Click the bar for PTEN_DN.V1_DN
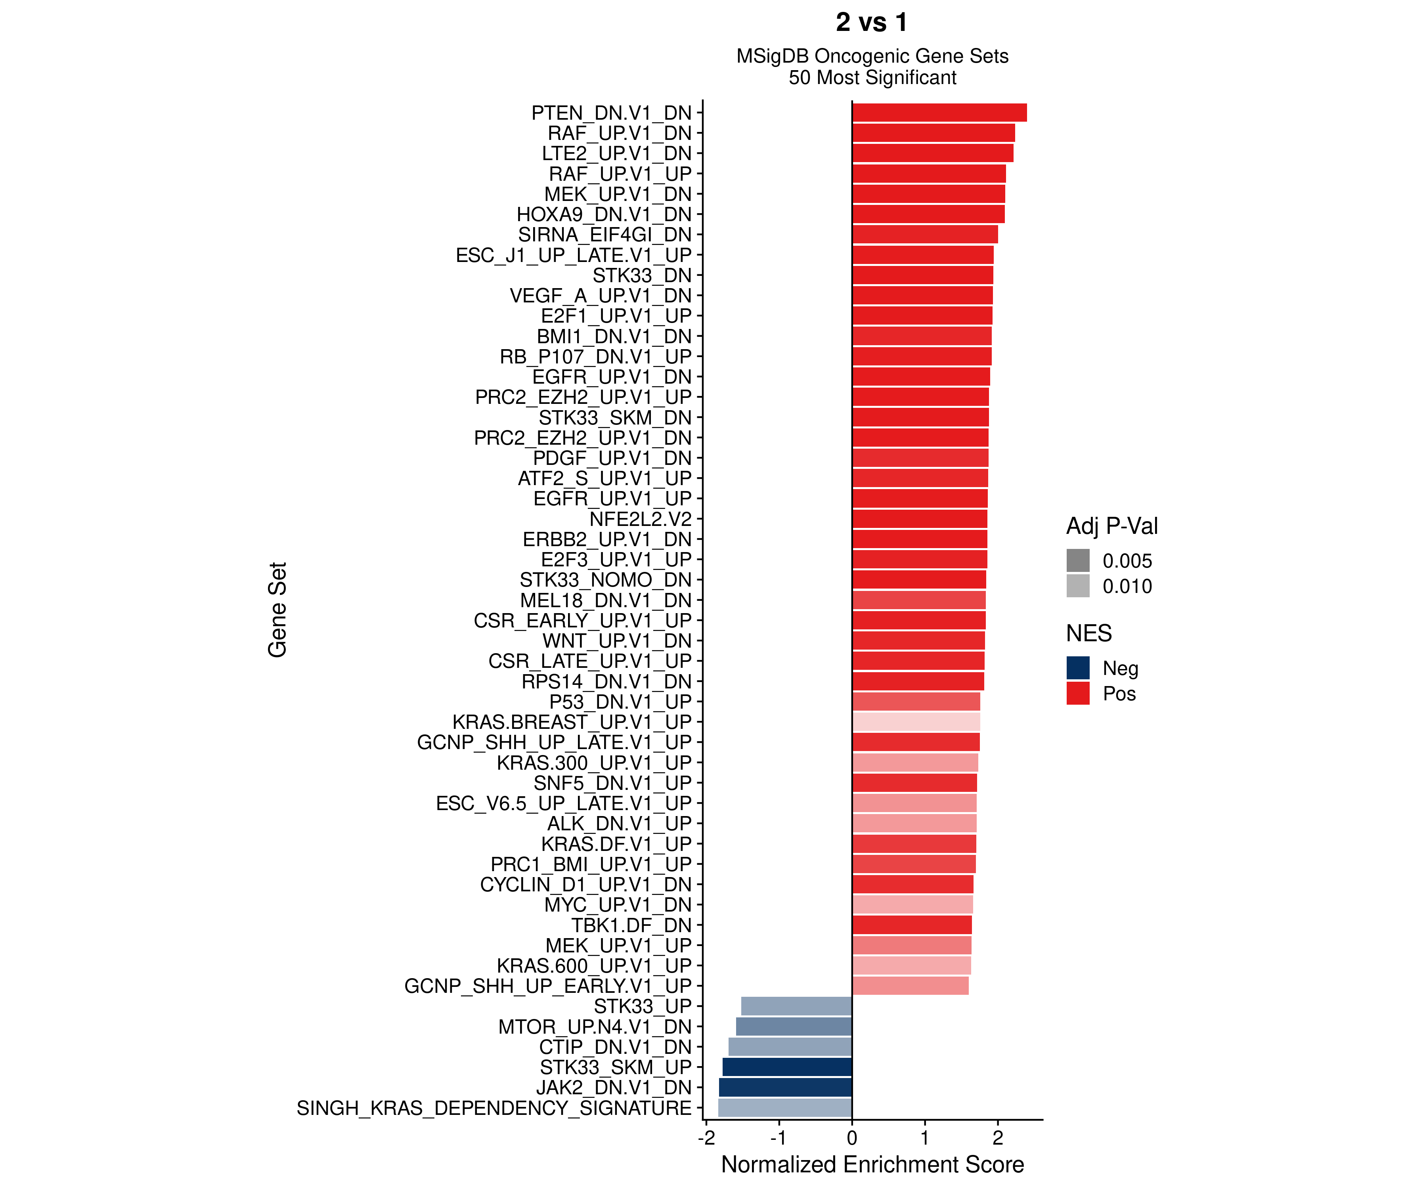tap(939, 113)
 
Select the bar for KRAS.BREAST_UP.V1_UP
tap(916, 722)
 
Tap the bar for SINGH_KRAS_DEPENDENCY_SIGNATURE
tap(785, 1108)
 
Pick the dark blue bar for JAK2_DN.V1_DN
tap(786, 1088)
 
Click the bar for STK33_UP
tap(796, 1006)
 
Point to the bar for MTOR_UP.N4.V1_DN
tap(794, 1027)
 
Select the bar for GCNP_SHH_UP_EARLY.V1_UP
tap(911, 986)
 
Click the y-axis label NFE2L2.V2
tap(640, 519)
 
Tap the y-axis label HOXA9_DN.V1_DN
tap(603, 215)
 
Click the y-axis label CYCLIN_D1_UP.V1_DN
tap(586, 885)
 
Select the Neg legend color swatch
tap(1078, 668)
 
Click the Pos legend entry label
tap(1119, 694)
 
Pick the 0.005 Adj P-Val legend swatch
tap(1078, 560)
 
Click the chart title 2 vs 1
tap(872, 23)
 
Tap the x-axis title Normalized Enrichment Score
tap(872, 1164)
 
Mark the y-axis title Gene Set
tap(277, 610)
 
